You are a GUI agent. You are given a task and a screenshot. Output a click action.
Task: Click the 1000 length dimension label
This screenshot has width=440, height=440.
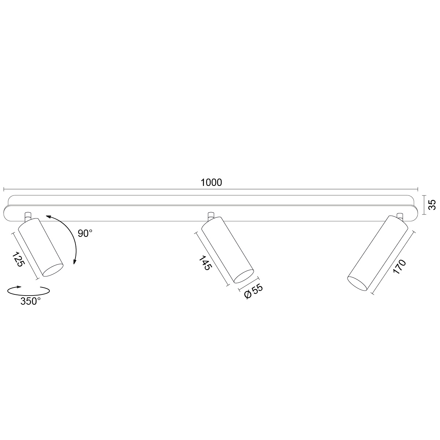click(x=211, y=183)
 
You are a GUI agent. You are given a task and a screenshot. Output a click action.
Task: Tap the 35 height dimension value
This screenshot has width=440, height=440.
click(x=432, y=205)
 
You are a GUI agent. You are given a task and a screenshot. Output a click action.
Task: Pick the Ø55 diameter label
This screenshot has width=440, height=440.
click(x=253, y=291)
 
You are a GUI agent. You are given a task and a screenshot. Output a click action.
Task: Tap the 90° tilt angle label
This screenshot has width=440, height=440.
click(x=85, y=233)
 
